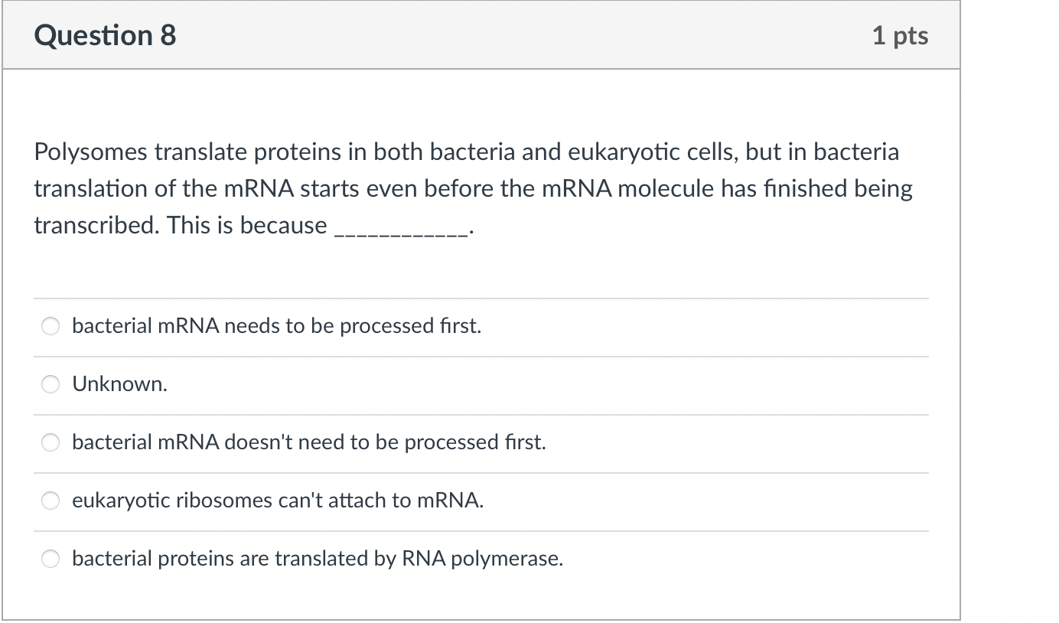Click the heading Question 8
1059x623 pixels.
coord(105,36)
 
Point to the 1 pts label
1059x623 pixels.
coord(900,36)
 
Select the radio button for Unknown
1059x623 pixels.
coord(51,384)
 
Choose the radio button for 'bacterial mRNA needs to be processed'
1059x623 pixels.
coord(51,326)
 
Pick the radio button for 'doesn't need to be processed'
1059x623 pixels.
coord(51,442)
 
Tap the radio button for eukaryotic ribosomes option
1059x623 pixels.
coord(51,501)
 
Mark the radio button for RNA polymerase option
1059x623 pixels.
coord(51,559)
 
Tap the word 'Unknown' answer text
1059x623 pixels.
coord(119,384)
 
